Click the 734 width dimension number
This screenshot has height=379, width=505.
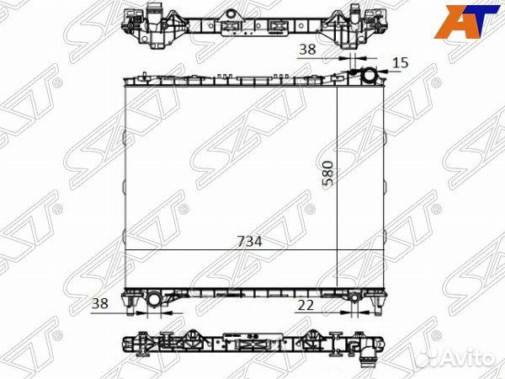(249, 241)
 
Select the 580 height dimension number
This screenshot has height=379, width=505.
(328, 173)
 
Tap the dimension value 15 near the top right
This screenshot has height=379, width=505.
(400, 62)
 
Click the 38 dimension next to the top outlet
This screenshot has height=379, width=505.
(308, 50)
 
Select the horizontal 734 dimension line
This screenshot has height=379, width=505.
(231, 250)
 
